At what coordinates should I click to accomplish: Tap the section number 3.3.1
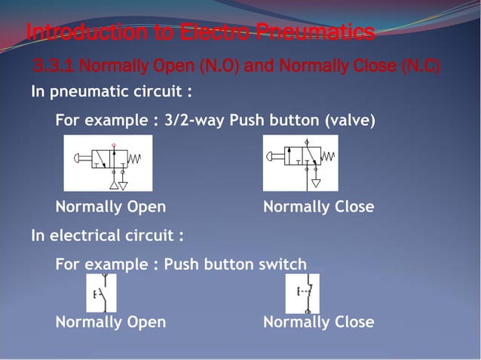tap(54, 68)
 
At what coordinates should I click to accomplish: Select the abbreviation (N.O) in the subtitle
tap(219, 68)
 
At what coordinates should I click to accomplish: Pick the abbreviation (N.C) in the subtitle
tap(420, 68)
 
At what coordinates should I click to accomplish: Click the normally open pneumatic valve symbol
tap(108, 162)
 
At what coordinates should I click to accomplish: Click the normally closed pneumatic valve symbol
tap(300, 162)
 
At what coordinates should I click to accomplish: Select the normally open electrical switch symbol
tap(101, 293)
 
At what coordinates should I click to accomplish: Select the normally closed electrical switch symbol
tap(302, 293)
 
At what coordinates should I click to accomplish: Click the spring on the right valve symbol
tap(329, 157)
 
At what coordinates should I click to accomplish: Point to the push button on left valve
tap(79, 158)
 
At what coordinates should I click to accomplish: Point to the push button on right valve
tap(273, 157)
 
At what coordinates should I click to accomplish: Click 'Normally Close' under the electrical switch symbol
tap(318, 322)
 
